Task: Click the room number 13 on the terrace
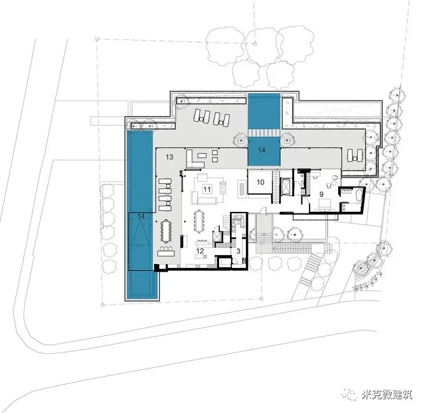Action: [x=169, y=157]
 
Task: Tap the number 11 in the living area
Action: [x=207, y=189]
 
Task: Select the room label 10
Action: [x=260, y=182]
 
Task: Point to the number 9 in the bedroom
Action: [x=322, y=194]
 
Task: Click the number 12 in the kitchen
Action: [x=200, y=251]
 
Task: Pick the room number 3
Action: [x=238, y=251]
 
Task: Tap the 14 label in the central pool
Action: [x=261, y=150]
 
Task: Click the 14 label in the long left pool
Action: [x=141, y=216]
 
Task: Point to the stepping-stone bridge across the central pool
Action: [x=264, y=133]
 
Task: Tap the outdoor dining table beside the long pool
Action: [x=166, y=231]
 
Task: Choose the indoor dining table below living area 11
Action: [x=199, y=221]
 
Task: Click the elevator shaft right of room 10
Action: [x=287, y=186]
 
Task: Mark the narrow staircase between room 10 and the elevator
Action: [x=276, y=187]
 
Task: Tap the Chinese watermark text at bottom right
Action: [x=387, y=395]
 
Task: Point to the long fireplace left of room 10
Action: [x=242, y=189]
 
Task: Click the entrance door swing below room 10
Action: [x=263, y=210]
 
